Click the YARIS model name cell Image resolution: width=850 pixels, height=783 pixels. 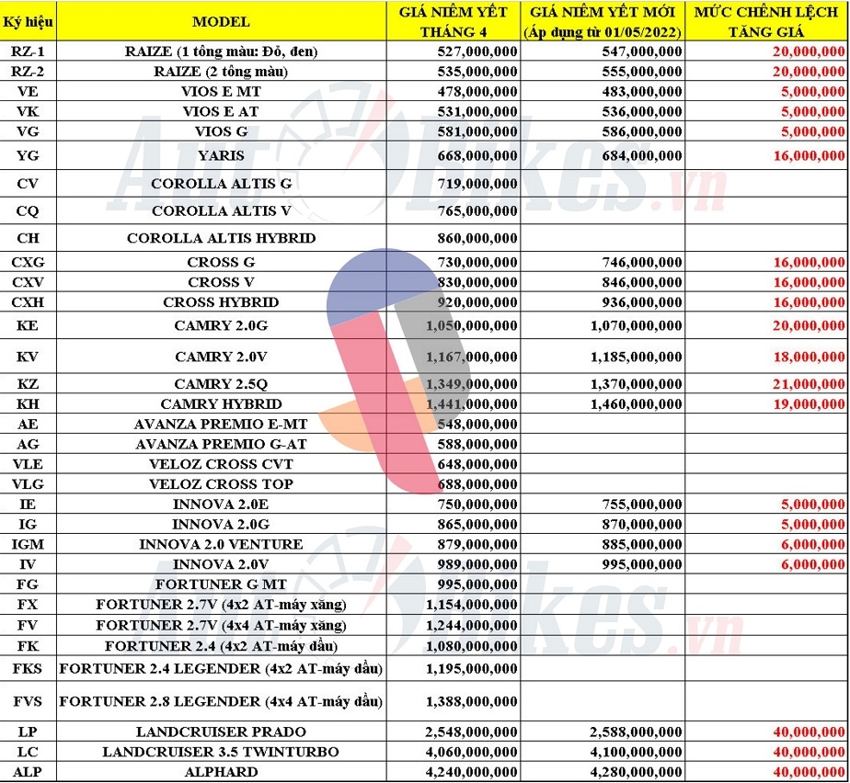(221, 155)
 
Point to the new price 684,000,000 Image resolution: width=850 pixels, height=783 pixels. (640, 155)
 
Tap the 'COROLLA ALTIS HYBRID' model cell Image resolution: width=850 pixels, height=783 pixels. (221, 238)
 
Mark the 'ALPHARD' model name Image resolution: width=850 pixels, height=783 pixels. (221, 772)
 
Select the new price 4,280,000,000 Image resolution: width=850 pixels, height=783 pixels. (634, 772)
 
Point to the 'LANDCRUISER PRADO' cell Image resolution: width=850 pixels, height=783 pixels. (221, 732)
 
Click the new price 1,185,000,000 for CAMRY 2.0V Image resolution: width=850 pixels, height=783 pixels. (634, 356)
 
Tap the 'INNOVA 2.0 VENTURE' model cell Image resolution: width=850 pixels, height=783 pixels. (221, 544)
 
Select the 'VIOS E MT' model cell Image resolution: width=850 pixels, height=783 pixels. (221, 91)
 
